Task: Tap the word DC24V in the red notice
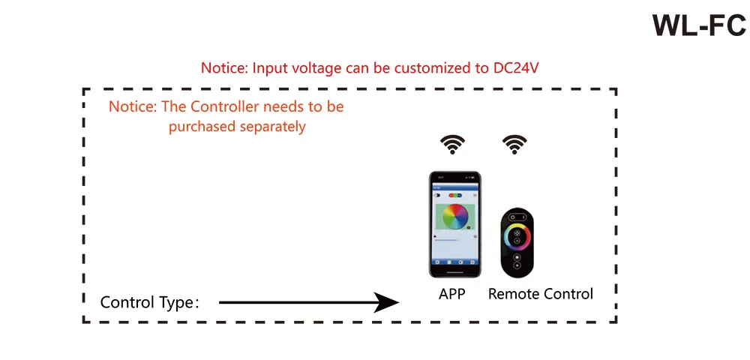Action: (x=516, y=67)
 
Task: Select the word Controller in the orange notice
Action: (x=221, y=106)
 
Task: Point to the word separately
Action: (x=273, y=127)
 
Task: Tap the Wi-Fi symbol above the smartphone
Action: (x=452, y=144)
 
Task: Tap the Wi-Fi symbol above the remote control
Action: (x=514, y=144)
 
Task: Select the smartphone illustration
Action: (x=454, y=224)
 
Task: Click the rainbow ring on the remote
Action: (x=517, y=234)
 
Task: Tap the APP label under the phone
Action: (x=452, y=294)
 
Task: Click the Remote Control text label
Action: (x=541, y=294)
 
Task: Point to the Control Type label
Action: (x=149, y=303)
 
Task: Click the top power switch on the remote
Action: (x=517, y=217)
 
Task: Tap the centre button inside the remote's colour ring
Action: (x=517, y=234)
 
